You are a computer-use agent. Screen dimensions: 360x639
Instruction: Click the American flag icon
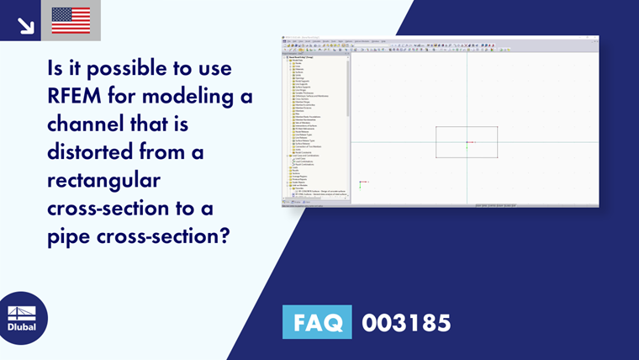pos(71,20)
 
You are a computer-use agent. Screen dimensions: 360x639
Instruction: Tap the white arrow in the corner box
pos(25,24)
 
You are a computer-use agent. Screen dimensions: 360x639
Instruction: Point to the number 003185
pos(406,321)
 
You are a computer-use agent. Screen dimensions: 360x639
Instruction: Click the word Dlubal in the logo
pos(22,326)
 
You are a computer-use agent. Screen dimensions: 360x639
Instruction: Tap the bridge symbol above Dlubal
pos(22,312)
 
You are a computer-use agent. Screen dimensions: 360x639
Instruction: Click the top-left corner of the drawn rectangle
pos(436,127)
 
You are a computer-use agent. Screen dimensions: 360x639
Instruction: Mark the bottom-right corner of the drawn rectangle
pos(497,157)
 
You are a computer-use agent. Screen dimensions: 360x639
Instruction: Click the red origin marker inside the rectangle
pos(467,142)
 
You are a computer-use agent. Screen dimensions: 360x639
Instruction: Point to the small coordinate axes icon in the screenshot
pos(362,183)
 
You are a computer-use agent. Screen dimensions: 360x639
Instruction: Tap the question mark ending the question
pos(224,236)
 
